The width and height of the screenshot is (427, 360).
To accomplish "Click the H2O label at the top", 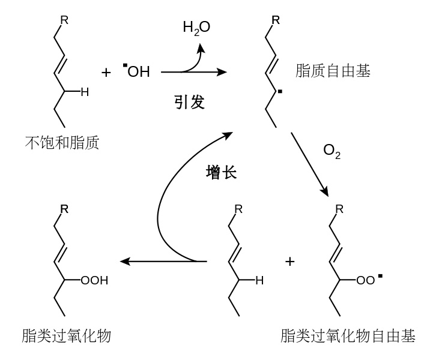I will (x=196, y=27).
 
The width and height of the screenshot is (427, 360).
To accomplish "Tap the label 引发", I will (x=189, y=102).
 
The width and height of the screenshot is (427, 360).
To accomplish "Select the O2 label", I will (x=332, y=151).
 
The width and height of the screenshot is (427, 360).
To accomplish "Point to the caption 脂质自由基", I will (x=333, y=71).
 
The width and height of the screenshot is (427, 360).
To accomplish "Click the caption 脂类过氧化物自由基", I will (x=348, y=335).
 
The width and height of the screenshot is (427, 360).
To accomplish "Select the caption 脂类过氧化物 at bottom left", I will (x=66, y=335).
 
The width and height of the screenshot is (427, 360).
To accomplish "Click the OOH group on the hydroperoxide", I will (x=95, y=280).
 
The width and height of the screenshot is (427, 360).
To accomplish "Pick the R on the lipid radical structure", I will (x=276, y=20).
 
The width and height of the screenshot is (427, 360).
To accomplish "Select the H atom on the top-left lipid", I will (x=85, y=92).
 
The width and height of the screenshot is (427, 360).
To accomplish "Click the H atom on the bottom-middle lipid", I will (x=259, y=280).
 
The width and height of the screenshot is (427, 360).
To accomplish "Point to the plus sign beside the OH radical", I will (x=106, y=72).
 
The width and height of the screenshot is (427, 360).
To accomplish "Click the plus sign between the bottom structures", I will (x=289, y=262).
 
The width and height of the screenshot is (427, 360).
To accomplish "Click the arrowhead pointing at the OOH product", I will (x=125, y=262).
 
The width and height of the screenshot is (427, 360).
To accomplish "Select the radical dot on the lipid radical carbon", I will (x=279, y=92).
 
